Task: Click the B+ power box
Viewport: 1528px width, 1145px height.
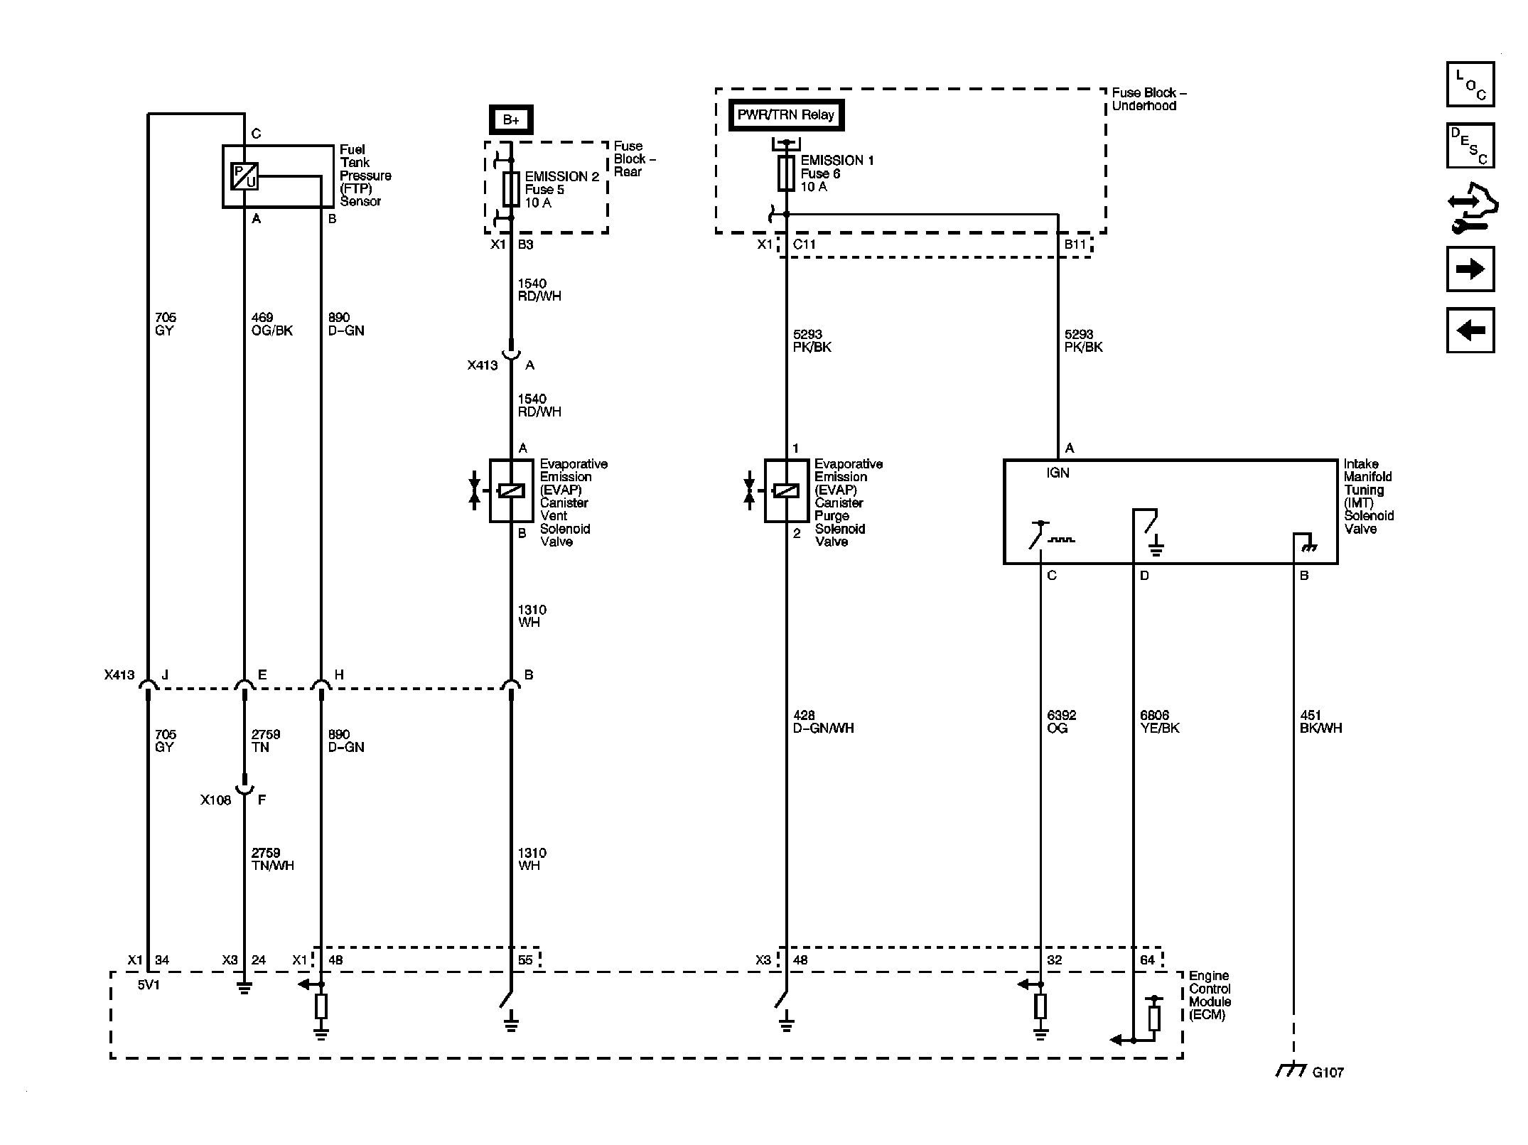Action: [x=510, y=119]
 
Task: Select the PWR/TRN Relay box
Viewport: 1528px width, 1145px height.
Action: [x=786, y=115]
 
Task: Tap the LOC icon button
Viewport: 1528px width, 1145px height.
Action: [x=1470, y=85]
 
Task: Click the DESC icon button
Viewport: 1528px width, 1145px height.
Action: [x=1470, y=146]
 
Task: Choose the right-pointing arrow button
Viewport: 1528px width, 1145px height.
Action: [x=1470, y=269]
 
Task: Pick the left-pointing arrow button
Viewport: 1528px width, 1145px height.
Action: [x=1470, y=330]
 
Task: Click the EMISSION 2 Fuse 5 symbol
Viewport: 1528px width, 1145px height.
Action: [x=510, y=189]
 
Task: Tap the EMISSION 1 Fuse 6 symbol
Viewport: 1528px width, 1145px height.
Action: [x=786, y=174]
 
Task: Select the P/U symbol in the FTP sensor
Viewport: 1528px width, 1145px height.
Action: [x=244, y=176]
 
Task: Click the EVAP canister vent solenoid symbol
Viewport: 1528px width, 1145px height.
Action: [x=511, y=490]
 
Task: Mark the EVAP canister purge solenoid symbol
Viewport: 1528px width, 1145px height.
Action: [x=786, y=490]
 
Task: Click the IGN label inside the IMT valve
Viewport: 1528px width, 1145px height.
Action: [x=1058, y=473]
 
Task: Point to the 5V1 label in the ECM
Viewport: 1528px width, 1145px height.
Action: [x=149, y=986]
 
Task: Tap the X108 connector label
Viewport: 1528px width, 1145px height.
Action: [x=215, y=800]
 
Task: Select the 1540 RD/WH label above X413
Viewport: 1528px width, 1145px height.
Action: [x=539, y=290]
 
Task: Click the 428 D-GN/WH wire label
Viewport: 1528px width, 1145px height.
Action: [x=823, y=721]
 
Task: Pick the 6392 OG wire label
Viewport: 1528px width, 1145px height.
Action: [x=1062, y=721]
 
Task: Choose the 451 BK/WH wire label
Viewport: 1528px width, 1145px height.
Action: [x=1320, y=721]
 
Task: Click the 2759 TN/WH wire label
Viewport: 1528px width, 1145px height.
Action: [x=272, y=859]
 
